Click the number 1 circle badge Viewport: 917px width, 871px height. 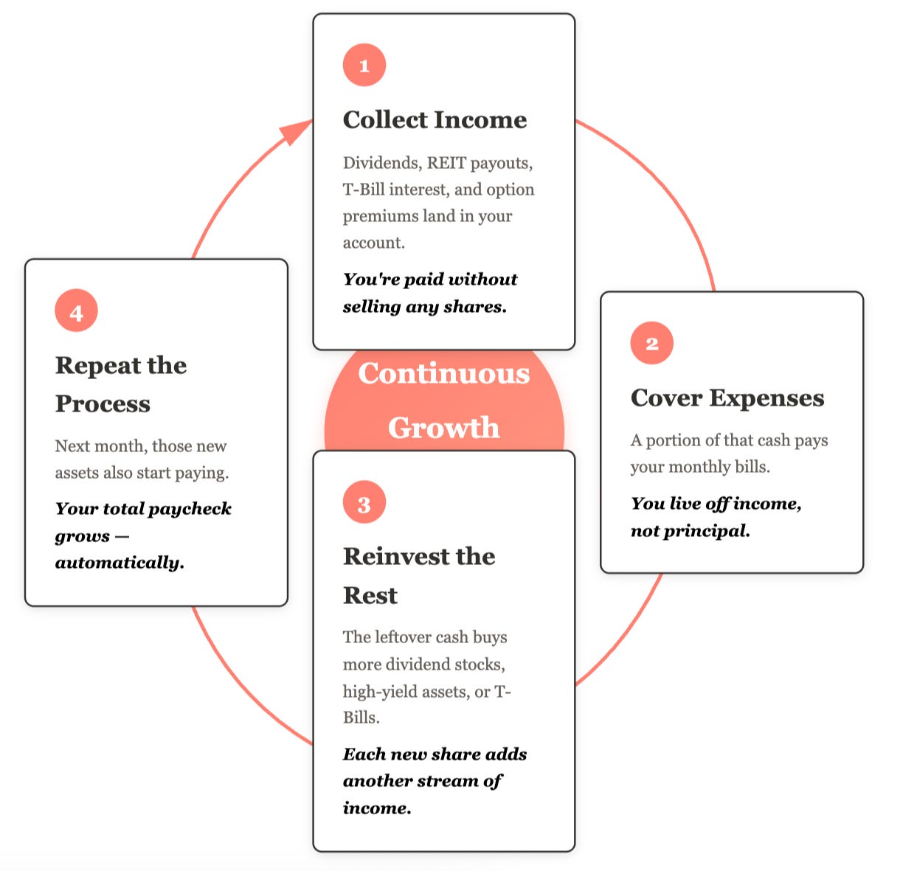(364, 65)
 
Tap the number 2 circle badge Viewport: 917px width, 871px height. (651, 343)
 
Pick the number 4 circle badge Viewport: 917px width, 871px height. (76, 311)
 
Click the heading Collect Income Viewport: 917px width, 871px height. (435, 119)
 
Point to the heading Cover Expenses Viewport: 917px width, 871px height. (727, 398)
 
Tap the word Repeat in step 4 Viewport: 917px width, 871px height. (97, 365)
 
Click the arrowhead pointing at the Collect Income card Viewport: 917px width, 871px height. (295, 132)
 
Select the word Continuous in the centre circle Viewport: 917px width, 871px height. (443, 373)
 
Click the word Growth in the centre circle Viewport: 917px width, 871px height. (443, 428)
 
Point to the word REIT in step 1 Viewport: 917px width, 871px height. (446, 163)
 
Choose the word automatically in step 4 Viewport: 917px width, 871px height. (119, 563)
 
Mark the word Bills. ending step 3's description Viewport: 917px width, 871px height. (361, 718)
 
